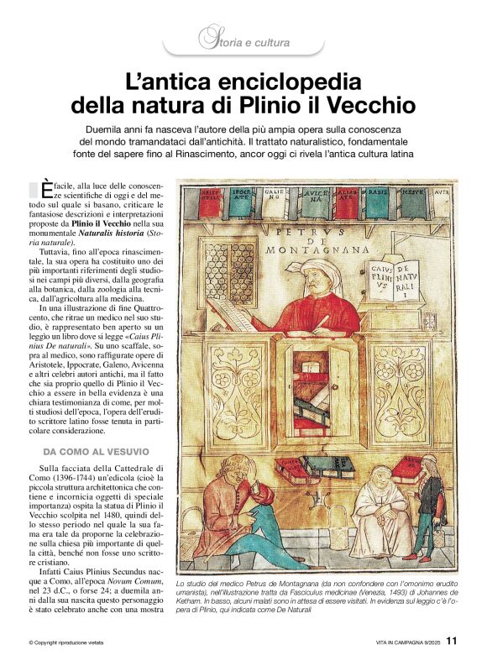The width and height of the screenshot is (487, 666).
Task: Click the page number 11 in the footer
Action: [451, 641]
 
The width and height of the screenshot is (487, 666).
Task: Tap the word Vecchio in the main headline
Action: [374, 107]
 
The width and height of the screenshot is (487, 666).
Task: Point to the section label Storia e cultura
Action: [244, 39]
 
